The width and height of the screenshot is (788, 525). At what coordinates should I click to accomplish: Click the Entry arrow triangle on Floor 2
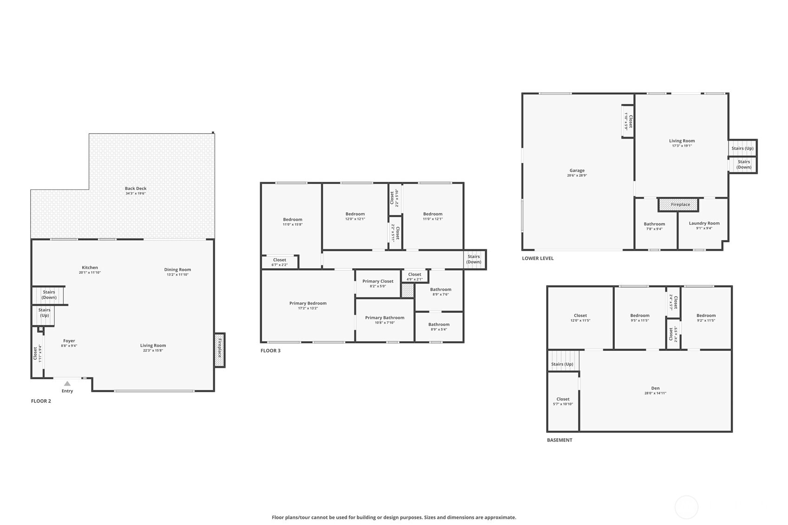tap(67, 383)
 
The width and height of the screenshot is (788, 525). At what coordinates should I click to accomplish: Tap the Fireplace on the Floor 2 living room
tap(220, 350)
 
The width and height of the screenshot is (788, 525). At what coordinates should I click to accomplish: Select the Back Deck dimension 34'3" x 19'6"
tap(136, 194)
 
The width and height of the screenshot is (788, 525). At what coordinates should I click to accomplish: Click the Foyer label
tap(69, 341)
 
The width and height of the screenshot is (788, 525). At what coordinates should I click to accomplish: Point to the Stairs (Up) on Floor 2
tap(44, 313)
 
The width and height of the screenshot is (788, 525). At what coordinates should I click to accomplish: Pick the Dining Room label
tap(177, 270)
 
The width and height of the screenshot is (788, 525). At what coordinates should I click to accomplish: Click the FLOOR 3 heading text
tap(270, 350)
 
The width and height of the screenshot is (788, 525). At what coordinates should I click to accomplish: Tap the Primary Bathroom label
tap(384, 318)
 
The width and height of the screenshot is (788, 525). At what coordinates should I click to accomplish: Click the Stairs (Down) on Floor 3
tap(474, 259)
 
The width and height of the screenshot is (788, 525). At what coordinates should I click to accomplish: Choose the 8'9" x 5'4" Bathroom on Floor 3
tap(439, 327)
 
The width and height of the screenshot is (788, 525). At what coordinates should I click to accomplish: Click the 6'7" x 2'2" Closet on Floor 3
tap(280, 262)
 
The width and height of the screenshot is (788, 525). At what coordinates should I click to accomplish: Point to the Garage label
tap(577, 170)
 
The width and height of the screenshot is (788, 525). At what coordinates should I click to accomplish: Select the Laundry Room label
tap(704, 223)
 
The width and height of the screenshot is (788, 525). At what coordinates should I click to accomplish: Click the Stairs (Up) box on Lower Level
tap(742, 149)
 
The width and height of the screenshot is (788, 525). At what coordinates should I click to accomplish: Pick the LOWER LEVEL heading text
tap(538, 258)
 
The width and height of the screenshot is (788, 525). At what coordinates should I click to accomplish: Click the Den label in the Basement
tap(655, 388)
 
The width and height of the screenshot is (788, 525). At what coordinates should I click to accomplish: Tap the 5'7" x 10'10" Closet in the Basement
tap(563, 401)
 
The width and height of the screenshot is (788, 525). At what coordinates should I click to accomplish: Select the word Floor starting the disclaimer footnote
tap(278, 517)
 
